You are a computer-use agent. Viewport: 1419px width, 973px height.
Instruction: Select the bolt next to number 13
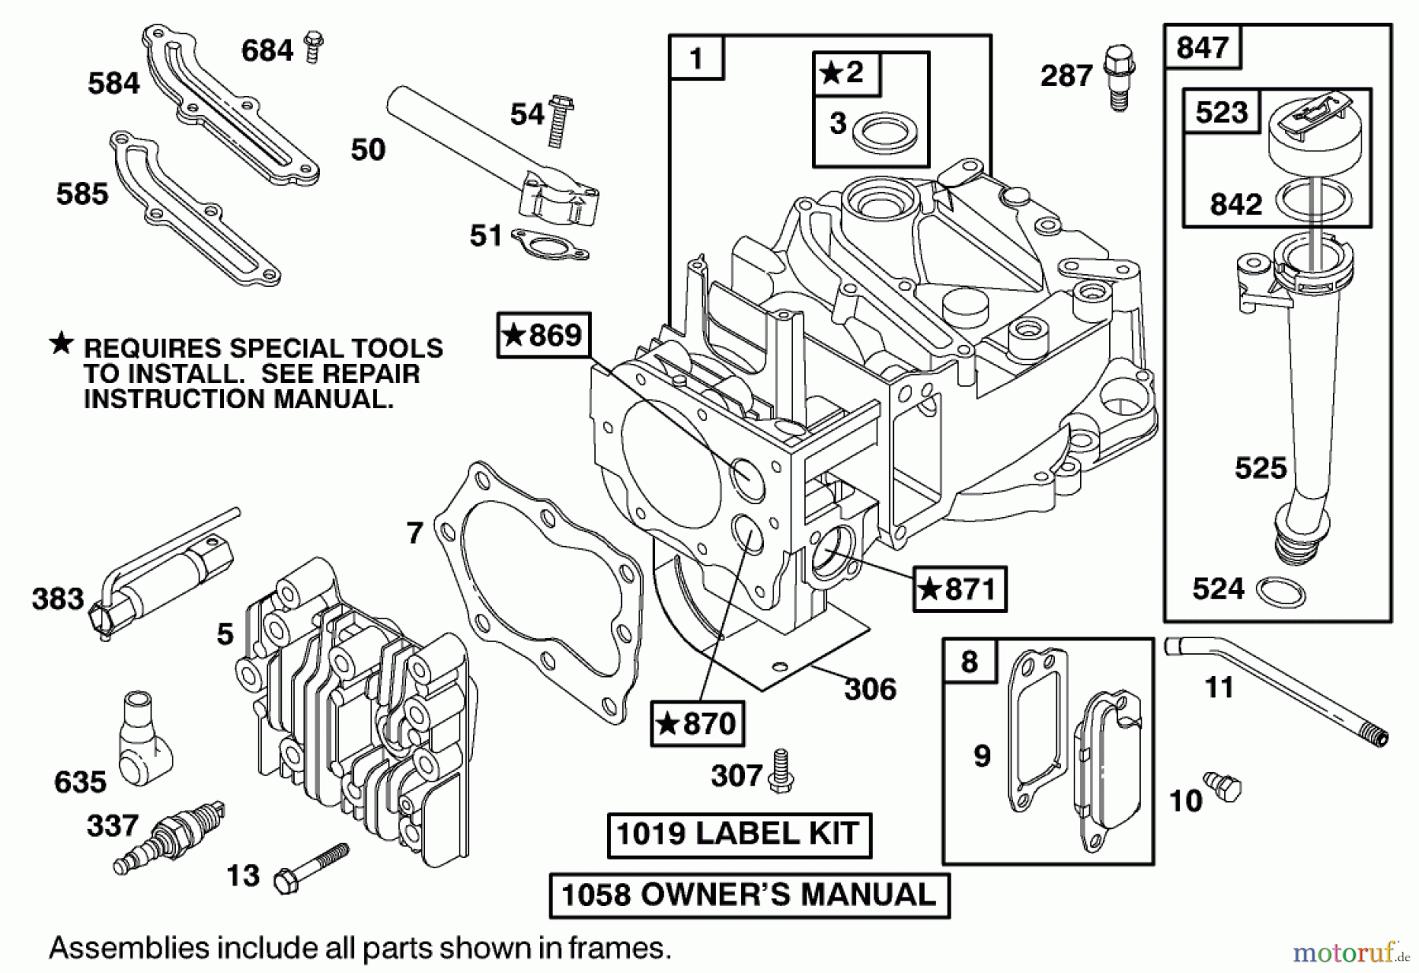(x=311, y=867)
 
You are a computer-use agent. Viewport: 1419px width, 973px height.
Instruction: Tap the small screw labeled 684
(x=314, y=46)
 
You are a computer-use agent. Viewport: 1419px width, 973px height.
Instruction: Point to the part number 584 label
(x=114, y=83)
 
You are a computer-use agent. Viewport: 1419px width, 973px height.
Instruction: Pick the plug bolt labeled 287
(x=1118, y=76)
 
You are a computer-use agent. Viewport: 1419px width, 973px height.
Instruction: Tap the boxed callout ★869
(x=544, y=336)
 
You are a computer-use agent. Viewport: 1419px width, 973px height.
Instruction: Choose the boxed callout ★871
(x=959, y=589)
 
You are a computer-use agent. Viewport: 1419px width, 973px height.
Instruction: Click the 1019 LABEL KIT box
(x=739, y=834)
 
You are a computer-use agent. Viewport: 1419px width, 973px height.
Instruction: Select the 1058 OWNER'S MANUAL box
(x=749, y=895)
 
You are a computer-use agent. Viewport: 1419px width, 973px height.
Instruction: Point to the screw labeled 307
(x=781, y=769)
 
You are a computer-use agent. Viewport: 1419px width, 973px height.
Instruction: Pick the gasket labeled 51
(x=549, y=243)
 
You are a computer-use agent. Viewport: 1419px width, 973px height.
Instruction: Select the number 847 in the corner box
(x=1202, y=47)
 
